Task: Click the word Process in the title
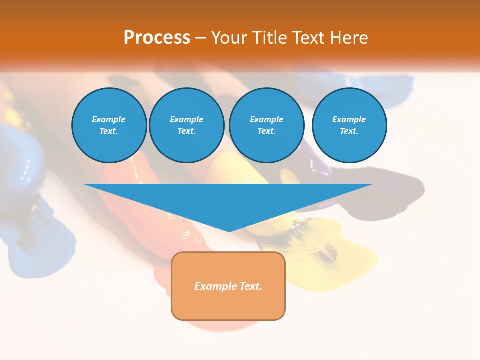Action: point(157,38)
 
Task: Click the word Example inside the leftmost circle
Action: point(109,119)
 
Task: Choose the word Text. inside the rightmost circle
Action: point(349,131)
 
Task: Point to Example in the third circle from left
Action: point(266,119)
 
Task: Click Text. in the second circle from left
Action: point(187,131)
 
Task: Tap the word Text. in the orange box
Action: point(251,286)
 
